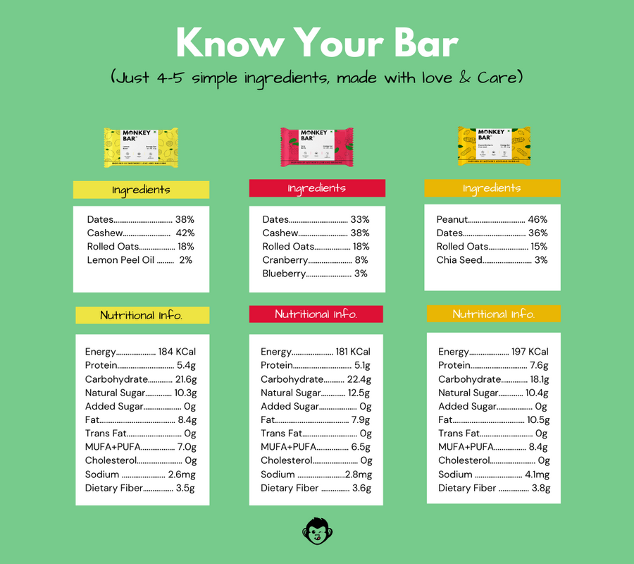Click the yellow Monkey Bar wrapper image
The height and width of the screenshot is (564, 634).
click(x=141, y=147)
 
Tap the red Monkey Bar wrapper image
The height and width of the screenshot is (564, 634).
click(x=317, y=147)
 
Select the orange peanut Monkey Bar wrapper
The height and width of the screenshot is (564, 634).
click(x=493, y=146)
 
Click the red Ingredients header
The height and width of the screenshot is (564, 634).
click(x=317, y=188)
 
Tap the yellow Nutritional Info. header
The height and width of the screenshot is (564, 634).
click(x=142, y=315)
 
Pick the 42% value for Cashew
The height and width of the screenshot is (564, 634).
click(x=185, y=233)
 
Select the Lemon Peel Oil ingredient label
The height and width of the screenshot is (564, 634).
click(x=120, y=260)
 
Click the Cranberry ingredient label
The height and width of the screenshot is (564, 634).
click(x=285, y=260)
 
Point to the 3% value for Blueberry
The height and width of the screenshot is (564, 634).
click(x=361, y=274)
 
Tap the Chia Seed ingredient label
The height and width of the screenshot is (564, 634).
click(x=459, y=260)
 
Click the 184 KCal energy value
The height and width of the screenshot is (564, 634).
click(x=177, y=352)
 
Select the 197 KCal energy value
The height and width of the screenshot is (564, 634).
click(x=530, y=352)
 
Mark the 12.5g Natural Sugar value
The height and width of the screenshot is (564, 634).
click(x=359, y=393)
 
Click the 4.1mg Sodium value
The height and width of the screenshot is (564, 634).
click(x=537, y=474)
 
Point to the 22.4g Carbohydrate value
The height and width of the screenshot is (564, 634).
click(x=359, y=379)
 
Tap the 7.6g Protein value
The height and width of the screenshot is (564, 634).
click(x=539, y=365)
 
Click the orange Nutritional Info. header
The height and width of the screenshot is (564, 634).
click(x=494, y=314)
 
